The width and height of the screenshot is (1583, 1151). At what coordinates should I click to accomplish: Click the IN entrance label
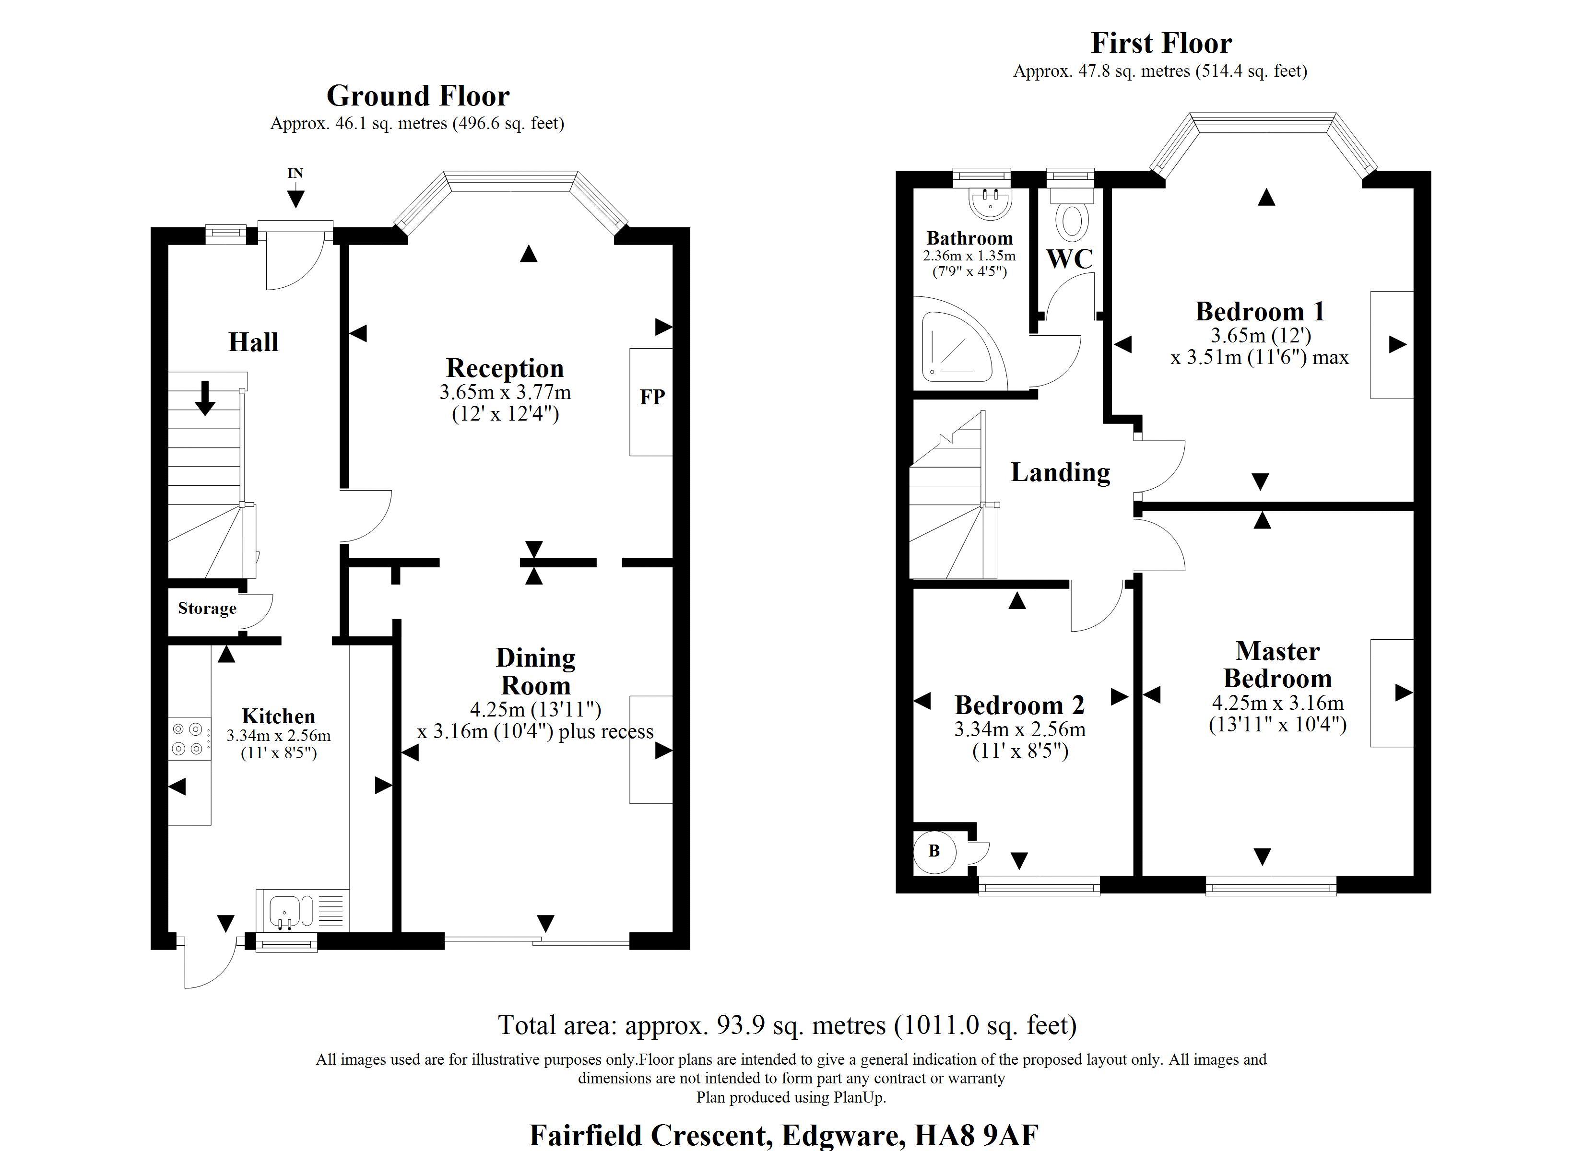[295, 173]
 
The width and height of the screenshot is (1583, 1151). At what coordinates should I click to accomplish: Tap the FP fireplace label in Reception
[652, 397]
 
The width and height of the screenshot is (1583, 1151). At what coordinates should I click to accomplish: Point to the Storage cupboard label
[207, 608]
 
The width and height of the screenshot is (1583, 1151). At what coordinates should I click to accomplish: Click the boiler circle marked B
[934, 851]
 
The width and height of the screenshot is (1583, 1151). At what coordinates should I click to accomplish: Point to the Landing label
[1060, 472]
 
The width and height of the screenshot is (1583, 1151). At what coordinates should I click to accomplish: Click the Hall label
[253, 342]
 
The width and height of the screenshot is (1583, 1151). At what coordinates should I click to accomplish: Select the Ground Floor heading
[418, 95]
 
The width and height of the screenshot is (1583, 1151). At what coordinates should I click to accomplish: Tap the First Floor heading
[1161, 43]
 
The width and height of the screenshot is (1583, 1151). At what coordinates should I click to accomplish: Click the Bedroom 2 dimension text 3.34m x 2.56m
[1020, 729]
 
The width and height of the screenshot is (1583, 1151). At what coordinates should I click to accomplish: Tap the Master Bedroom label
[1277, 665]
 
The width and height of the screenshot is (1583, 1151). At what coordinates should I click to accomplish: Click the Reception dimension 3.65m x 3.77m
[505, 392]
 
